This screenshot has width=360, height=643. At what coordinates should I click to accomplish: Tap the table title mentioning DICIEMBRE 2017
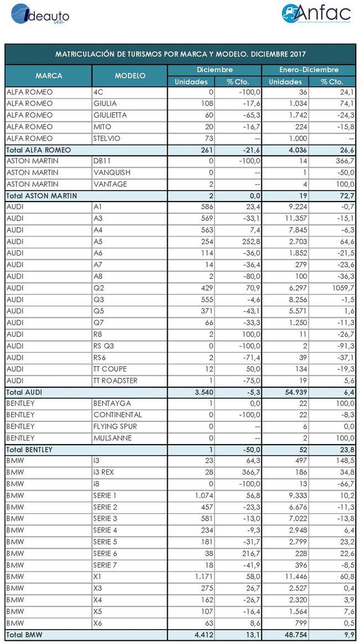pos(181,54)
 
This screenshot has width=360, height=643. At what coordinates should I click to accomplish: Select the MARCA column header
pos(49,75)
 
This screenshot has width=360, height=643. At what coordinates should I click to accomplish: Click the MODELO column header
pos(130,75)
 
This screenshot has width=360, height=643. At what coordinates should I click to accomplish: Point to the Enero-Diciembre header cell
pos(308,70)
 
